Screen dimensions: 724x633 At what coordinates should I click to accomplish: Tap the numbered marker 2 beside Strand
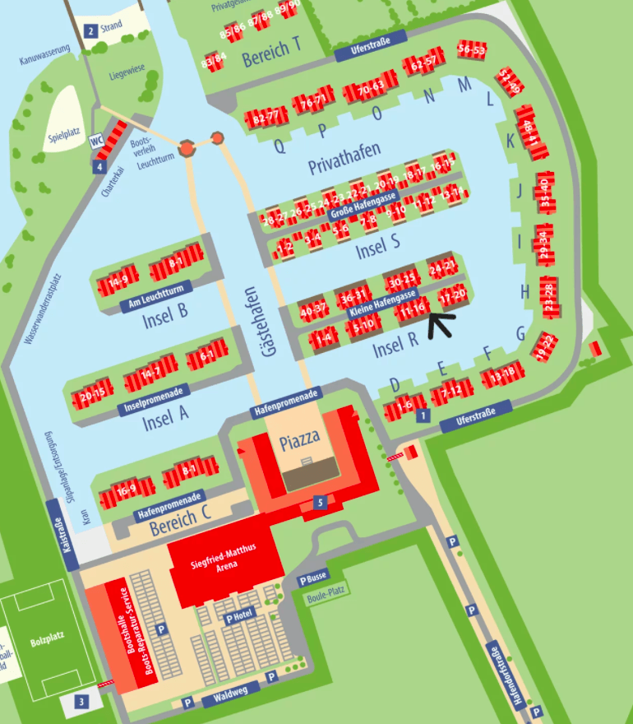90,31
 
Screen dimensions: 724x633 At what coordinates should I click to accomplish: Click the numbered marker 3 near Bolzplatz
81,702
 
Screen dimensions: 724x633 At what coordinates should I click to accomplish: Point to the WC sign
96,141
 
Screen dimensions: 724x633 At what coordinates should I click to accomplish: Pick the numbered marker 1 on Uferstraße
423,415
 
